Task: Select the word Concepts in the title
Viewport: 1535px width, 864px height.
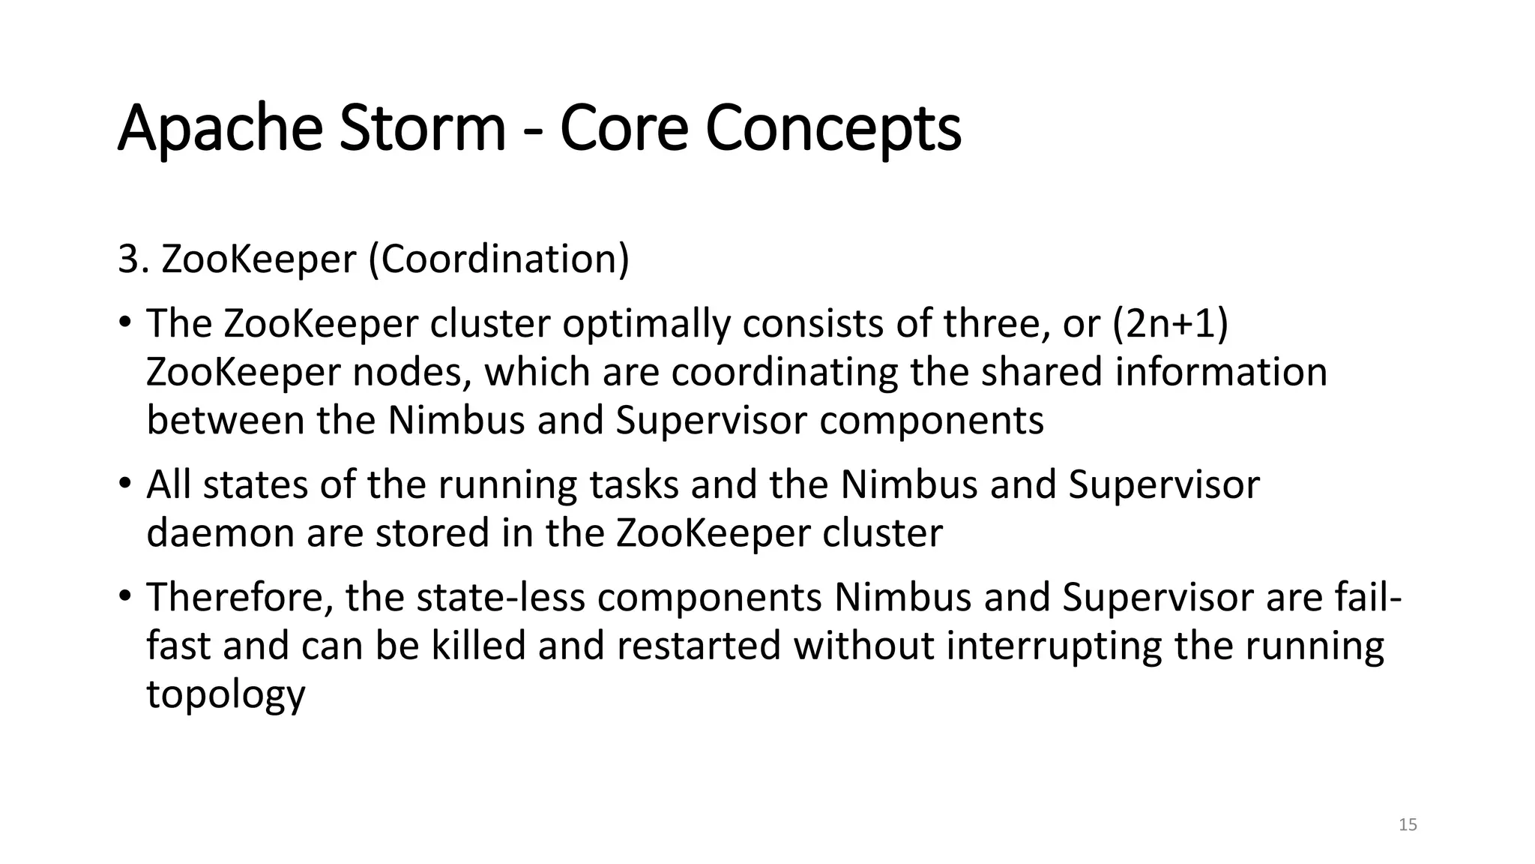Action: pyautogui.click(x=833, y=129)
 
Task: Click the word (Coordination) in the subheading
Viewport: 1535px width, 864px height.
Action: pyautogui.click(x=499, y=259)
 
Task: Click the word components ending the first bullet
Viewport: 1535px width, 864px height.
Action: pyautogui.click(x=932, y=420)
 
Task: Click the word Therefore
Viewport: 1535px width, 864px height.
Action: pyautogui.click(x=239, y=598)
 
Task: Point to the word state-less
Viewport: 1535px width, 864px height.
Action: pyautogui.click(x=500, y=598)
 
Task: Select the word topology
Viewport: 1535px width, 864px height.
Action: pyautogui.click(x=226, y=695)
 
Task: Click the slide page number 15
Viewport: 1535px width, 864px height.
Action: pyautogui.click(x=1408, y=825)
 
